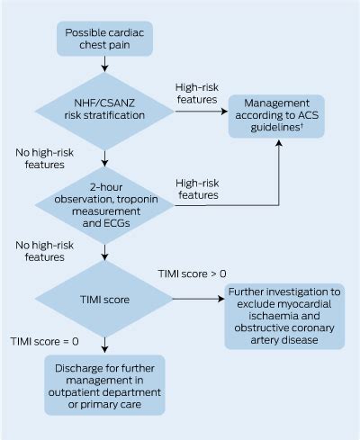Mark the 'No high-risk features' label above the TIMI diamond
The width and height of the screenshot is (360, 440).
tap(40, 249)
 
